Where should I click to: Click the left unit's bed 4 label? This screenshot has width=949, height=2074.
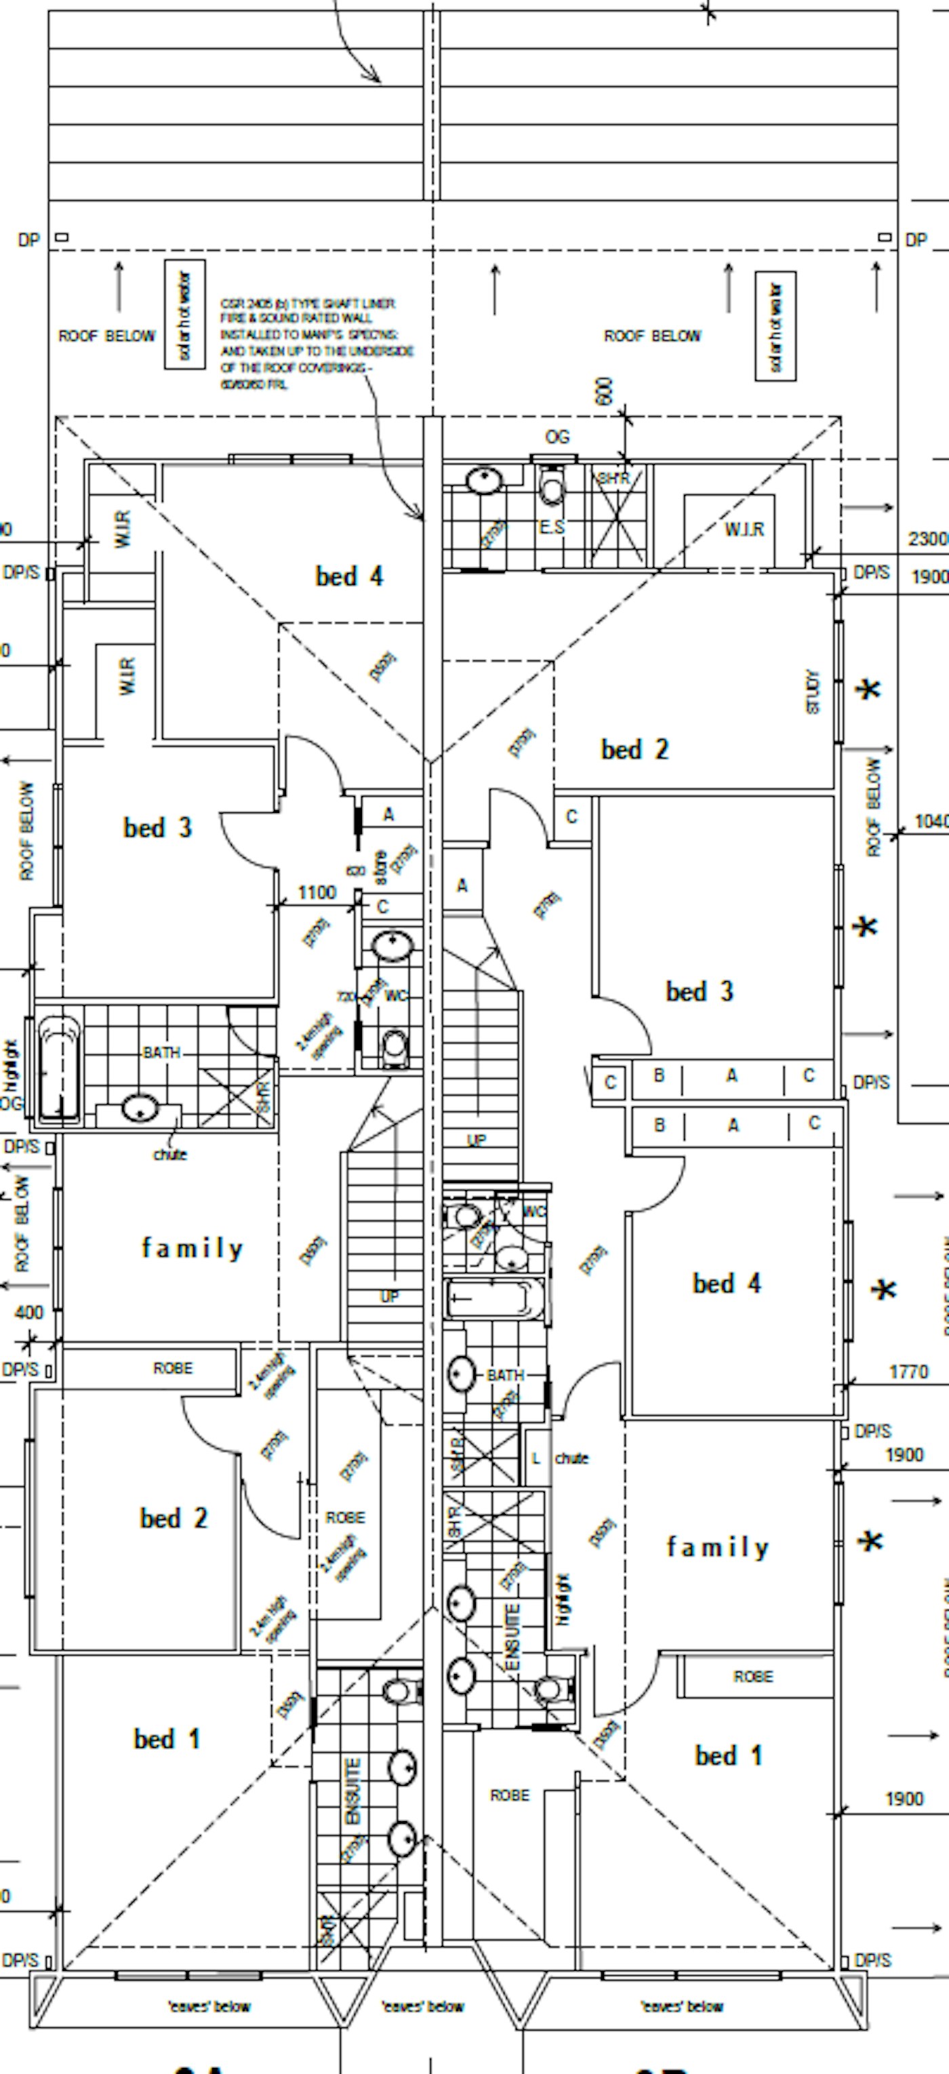click(x=348, y=576)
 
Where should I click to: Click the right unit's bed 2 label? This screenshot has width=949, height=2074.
click(x=634, y=750)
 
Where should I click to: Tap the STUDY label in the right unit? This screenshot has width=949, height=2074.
click(x=812, y=692)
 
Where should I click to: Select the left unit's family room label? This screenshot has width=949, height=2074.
click(x=192, y=1248)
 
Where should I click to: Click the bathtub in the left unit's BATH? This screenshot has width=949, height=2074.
click(x=60, y=1068)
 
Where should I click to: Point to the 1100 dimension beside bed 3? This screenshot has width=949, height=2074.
click(x=317, y=892)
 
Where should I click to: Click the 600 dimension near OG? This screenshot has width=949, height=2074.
click(x=605, y=392)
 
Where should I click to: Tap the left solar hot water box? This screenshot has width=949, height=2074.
click(x=184, y=315)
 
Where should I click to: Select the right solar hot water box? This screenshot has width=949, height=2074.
click(x=775, y=326)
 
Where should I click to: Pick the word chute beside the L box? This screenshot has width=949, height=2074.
click(x=571, y=1458)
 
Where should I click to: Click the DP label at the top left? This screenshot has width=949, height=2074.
click(x=28, y=240)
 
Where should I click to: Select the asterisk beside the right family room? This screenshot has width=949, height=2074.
click(x=869, y=1542)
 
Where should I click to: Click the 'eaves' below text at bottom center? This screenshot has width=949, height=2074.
click(x=422, y=2007)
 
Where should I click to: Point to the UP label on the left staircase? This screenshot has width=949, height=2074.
click(x=389, y=1297)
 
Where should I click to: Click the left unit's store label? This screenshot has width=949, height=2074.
click(x=381, y=866)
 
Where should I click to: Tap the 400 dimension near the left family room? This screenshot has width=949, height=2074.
click(x=29, y=1313)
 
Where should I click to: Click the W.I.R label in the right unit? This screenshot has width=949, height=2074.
click(x=744, y=529)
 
